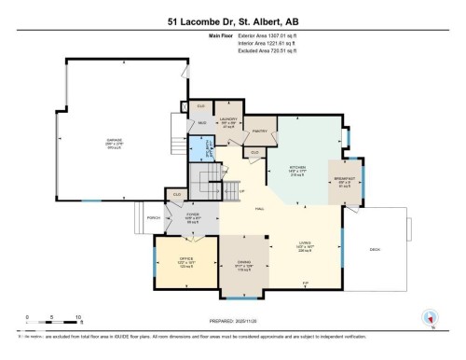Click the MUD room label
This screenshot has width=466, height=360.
(x=201, y=122)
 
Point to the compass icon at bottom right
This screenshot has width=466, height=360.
(x=430, y=317)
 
